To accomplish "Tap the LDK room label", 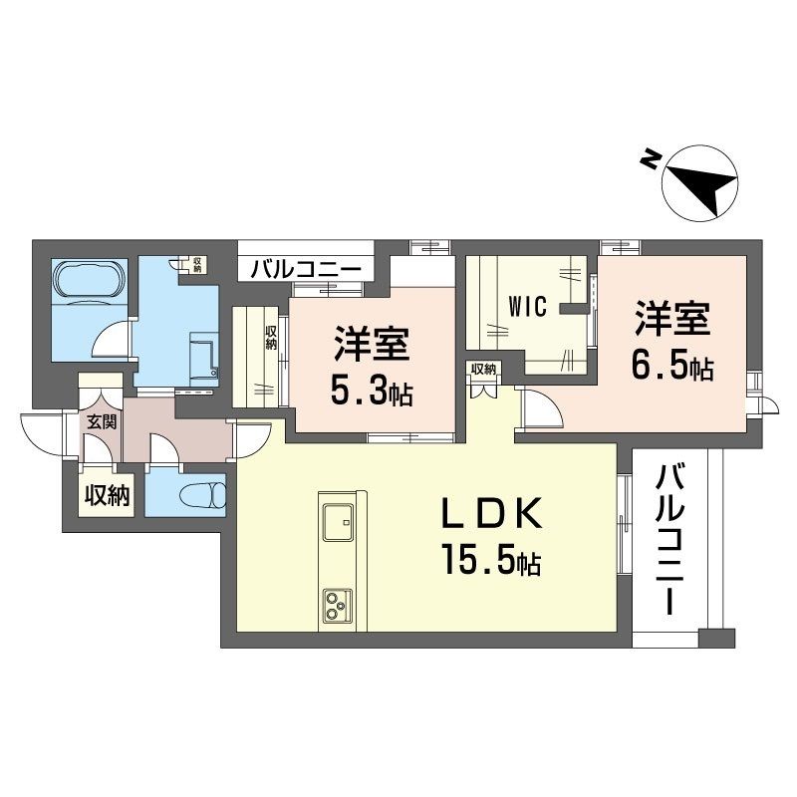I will [492, 516].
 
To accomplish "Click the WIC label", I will [528, 306].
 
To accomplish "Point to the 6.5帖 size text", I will [670, 367].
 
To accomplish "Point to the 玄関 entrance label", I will [100, 421].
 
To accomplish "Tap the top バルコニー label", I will [305, 268].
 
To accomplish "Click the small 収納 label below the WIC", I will [483, 370].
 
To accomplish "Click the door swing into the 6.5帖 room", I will [536, 404].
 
